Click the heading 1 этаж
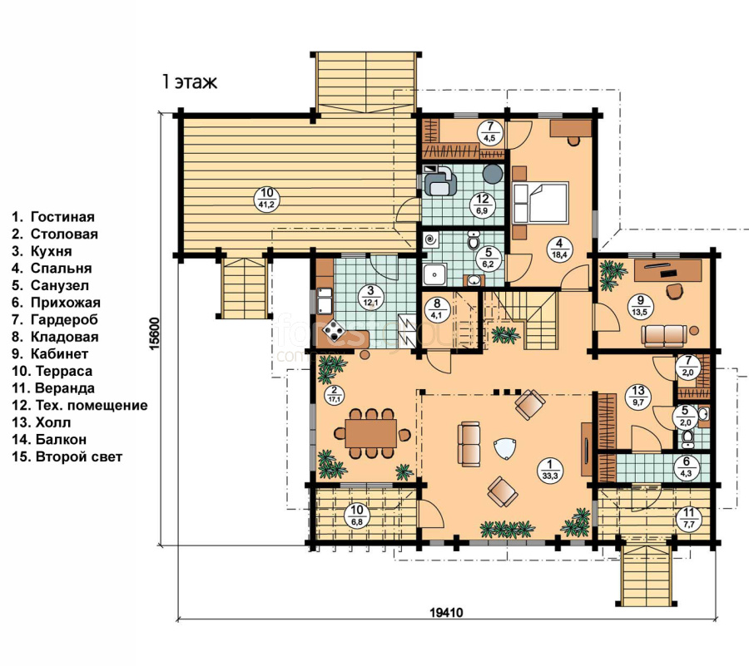[x=190, y=82]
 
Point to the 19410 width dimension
[x=447, y=612]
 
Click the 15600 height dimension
[x=154, y=333]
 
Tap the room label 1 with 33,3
[x=550, y=470]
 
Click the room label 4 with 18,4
[x=559, y=248]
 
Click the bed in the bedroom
[x=541, y=201]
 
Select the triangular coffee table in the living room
[x=504, y=449]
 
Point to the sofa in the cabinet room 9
[x=663, y=335]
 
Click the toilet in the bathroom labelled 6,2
[x=474, y=241]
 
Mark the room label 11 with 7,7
[x=688, y=518]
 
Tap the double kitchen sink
[x=325, y=300]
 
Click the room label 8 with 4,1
[x=438, y=308]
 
